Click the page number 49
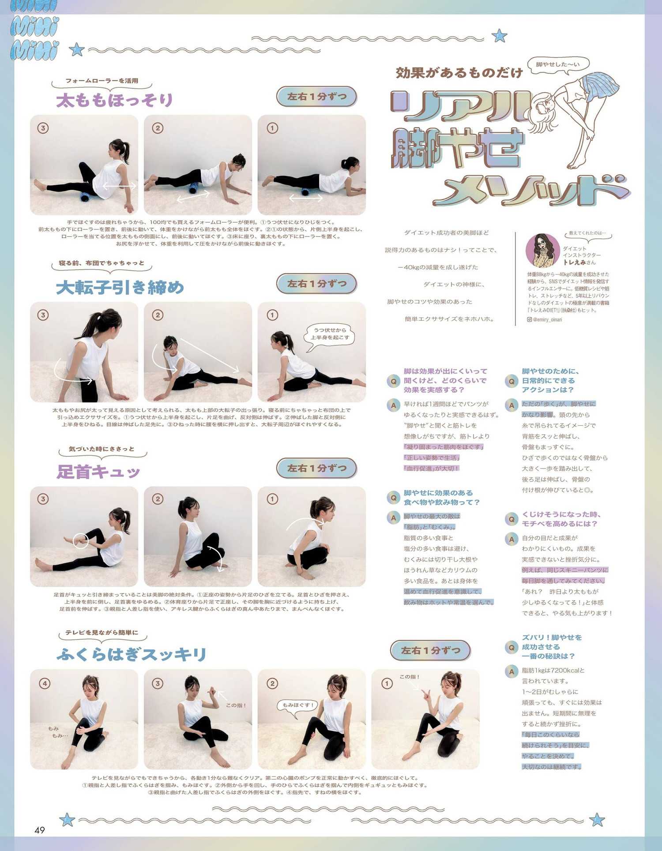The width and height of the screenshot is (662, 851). [40, 830]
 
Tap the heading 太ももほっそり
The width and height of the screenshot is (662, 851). [114, 100]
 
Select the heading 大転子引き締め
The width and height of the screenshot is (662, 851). [120, 288]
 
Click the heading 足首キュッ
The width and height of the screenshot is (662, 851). [98, 472]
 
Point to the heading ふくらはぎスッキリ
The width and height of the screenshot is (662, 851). [132, 654]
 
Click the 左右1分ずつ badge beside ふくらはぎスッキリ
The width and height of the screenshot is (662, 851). [430, 650]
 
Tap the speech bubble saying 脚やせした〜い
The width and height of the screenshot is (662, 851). [558, 64]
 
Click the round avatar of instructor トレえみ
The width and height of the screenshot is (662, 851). [543, 251]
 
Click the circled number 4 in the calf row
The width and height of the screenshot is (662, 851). [45, 683]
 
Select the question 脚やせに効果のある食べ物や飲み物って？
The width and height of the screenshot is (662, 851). [441, 497]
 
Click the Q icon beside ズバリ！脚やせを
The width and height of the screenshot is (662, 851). [512, 647]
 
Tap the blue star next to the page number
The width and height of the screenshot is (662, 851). [67, 820]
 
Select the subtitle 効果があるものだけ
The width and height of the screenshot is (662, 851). [459, 73]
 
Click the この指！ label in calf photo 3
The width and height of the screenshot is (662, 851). [236, 705]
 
